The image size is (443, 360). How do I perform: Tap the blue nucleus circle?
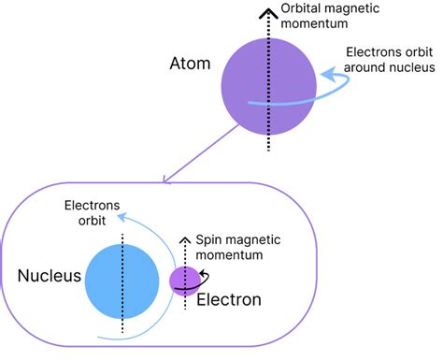coord(122,280)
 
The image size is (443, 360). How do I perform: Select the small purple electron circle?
coord(183,279)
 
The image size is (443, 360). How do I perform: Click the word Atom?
coord(190,65)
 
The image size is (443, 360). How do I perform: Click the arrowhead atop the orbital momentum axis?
coord(269,8)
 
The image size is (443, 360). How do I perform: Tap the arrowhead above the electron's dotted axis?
coord(185,234)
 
